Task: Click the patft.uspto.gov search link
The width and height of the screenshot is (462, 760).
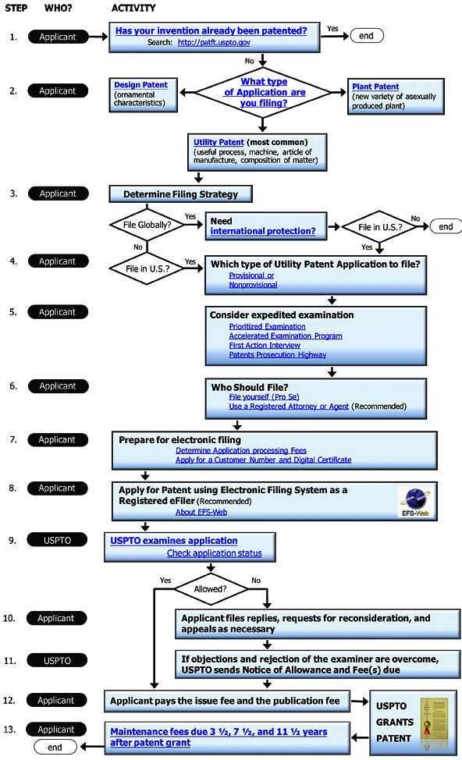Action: (214, 42)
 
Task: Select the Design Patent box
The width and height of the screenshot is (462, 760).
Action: (143, 95)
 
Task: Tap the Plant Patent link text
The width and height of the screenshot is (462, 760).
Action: (375, 87)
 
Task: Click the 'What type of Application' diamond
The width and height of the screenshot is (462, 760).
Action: (263, 92)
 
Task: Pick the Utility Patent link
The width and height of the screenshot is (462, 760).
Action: (219, 142)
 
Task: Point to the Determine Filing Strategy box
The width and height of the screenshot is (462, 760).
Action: (180, 194)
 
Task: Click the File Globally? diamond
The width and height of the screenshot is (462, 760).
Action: (147, 225)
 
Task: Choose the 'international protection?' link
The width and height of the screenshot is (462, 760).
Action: (263, 231)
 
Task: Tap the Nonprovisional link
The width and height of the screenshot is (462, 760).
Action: (253, 285)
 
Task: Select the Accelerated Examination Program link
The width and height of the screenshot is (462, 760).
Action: (286, 336)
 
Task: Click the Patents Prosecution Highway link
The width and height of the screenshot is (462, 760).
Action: (277, 355)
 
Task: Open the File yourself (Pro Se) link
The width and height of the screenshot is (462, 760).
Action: (264, 396)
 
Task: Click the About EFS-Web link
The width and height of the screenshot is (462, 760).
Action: (201, 512)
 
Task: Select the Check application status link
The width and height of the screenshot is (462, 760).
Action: (215, 553)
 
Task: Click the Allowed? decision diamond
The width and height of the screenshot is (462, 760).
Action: (210, 589)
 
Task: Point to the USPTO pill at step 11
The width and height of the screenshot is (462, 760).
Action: (57, 660)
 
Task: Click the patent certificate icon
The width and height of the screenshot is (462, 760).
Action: (433, 722)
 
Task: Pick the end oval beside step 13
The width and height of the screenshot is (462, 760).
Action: (55, 747)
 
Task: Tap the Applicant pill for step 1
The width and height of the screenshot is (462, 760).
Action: (59, 37)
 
